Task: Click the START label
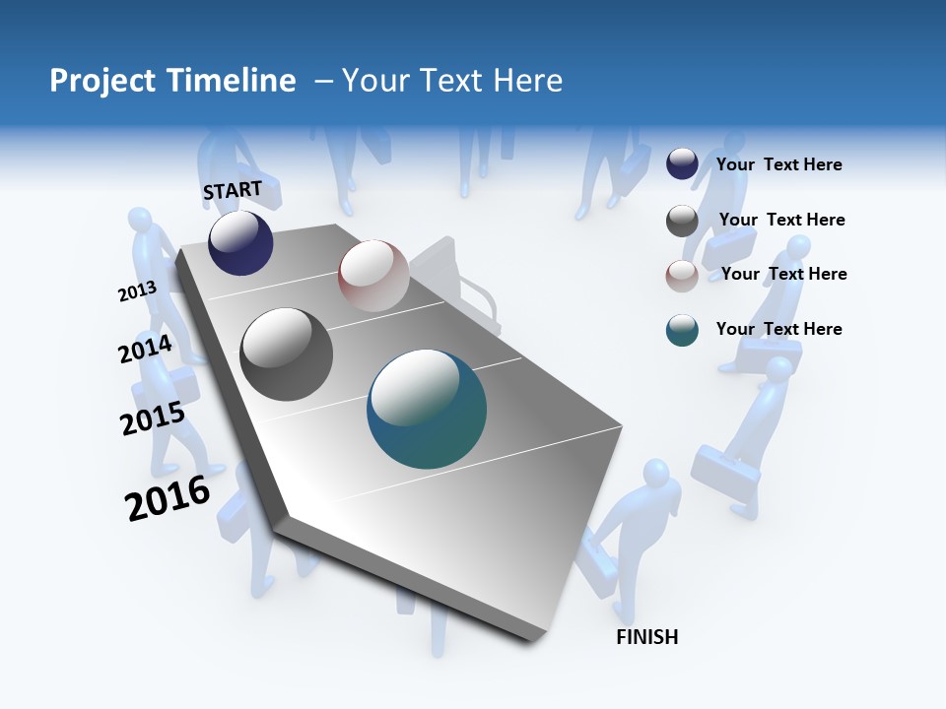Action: tap(233, 190)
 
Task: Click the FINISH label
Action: tap(647, 637)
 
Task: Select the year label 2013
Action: tap(137, 291)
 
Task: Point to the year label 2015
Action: tap(153, 419)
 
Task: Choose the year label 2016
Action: tap(168, 498)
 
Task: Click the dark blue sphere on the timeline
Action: tap(240, 243)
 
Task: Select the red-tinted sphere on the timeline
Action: tap(373, 276)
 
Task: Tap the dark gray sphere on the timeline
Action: tap(287, 354)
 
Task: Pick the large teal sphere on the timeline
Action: tap(427, 409)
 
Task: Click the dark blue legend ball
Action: tap(682, 163)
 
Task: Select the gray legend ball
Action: tap(682, 221)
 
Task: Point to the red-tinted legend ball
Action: tap(682, 276)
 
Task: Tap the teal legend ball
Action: tap(682, 330)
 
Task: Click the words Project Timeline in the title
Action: tap(172, 81)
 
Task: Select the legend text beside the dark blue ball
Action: tap(779, 164)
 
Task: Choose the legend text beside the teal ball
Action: tap(779, 329)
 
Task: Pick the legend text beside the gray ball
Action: tap(782, 220)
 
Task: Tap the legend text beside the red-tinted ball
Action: tap(784, 274)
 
